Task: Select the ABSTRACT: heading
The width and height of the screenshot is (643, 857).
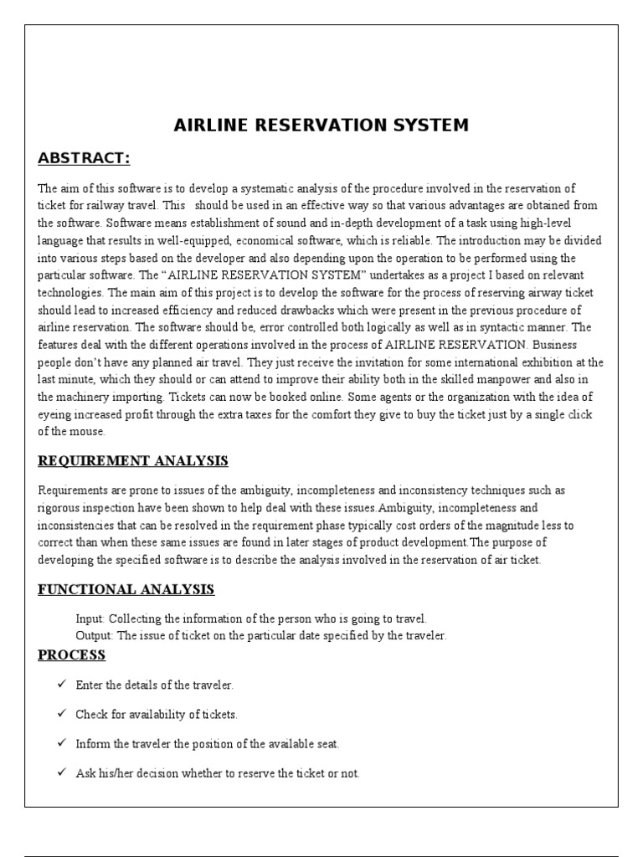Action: (84, 159)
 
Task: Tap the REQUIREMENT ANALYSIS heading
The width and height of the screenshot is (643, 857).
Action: (133, 461)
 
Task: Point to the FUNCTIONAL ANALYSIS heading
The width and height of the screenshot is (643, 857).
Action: (126, 590)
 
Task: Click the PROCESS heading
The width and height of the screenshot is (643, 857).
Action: (72, 654)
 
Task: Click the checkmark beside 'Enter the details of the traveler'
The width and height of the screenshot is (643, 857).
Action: (61, 685)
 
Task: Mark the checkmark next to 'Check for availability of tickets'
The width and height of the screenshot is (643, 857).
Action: (61, 714)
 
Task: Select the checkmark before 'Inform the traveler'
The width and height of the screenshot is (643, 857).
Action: (61, 743)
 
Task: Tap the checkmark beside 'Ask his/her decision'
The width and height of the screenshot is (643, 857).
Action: (61, 772)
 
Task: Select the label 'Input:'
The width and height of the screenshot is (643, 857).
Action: (90, 619)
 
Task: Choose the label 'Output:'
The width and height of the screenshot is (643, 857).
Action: (95, 636)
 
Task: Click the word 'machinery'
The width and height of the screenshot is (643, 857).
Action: (108, 398)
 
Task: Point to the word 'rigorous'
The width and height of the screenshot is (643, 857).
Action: (59, 508)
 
